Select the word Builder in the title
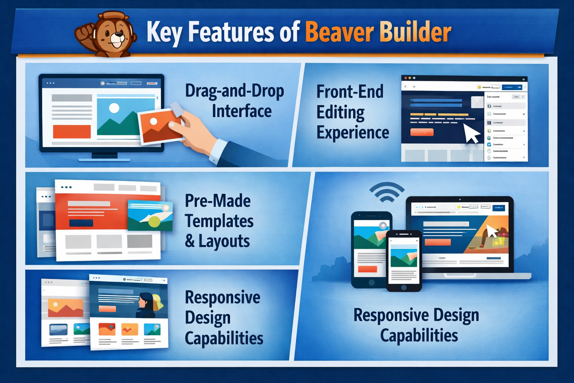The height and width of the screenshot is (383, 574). tap(416, 32)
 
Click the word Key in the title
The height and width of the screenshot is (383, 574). tap(164, 33)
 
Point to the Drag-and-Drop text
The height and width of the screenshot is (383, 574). tap(234, 91)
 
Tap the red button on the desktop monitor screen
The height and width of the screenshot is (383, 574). tap(72, 132)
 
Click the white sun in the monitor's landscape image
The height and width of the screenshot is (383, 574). tap(114, 108)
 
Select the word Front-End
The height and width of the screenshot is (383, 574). tap(350, 92)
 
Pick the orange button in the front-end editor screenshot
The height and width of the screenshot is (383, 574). tap(422, 132)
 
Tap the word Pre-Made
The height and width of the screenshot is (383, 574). tap(217, 201)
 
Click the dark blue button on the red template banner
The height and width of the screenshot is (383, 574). tap(81, 223)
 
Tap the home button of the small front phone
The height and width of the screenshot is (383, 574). tap(404, 288)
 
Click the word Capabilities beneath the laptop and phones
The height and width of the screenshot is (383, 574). tap(419, 335)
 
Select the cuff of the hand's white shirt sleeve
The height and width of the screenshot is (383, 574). tap(219, 151)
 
